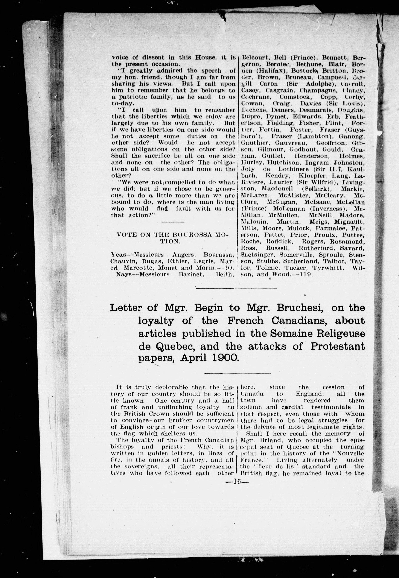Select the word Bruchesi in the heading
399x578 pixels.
click(x=300, y=308)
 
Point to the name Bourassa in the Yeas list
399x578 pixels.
click(x=218, y=255)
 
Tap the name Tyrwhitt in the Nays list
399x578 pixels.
click(x=329, y=268)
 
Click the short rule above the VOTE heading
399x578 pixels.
click(x=173, y=222)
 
